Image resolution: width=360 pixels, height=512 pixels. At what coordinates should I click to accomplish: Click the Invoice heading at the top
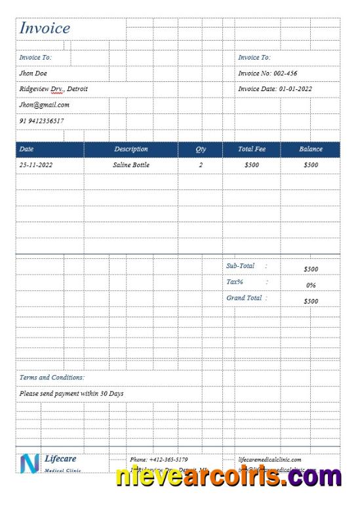(45, 28)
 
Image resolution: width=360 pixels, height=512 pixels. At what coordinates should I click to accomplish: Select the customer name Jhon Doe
(33, 73)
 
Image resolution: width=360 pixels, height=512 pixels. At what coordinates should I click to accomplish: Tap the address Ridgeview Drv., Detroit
(54, 89)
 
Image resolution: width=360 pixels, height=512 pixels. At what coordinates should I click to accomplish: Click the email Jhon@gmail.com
(45, 105)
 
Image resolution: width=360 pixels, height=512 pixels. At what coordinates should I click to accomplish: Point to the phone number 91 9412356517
(42, 121)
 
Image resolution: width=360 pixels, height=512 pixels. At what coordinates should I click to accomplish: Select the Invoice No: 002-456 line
(268, 73)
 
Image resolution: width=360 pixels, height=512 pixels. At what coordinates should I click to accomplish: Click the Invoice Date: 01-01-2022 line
(275, 89)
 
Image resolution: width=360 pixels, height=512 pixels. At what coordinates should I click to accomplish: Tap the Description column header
(131, 149)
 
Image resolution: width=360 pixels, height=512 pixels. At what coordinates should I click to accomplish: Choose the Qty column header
(201, 149)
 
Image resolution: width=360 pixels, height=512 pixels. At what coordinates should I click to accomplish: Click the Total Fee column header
(252, 149)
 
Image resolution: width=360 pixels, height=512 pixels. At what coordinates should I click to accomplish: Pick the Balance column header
(311, 149)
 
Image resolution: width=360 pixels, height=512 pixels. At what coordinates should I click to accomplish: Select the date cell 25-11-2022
(36, 165)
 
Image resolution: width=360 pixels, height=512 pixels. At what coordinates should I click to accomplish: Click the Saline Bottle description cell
(131, 165)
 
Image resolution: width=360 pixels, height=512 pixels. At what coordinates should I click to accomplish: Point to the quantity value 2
(201, 165)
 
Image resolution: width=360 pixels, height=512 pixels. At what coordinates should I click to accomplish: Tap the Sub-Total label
(240, 266)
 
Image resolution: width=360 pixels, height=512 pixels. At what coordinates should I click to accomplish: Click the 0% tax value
(311, 285)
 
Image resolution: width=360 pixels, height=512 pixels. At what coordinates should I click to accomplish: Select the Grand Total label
(244, 298)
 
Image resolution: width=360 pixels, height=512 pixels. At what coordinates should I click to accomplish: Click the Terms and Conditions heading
(52, 378)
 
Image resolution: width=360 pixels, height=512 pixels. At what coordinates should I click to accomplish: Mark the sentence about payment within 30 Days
(71, 394)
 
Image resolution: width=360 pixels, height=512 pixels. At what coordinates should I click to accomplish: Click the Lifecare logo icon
(30, 463)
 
